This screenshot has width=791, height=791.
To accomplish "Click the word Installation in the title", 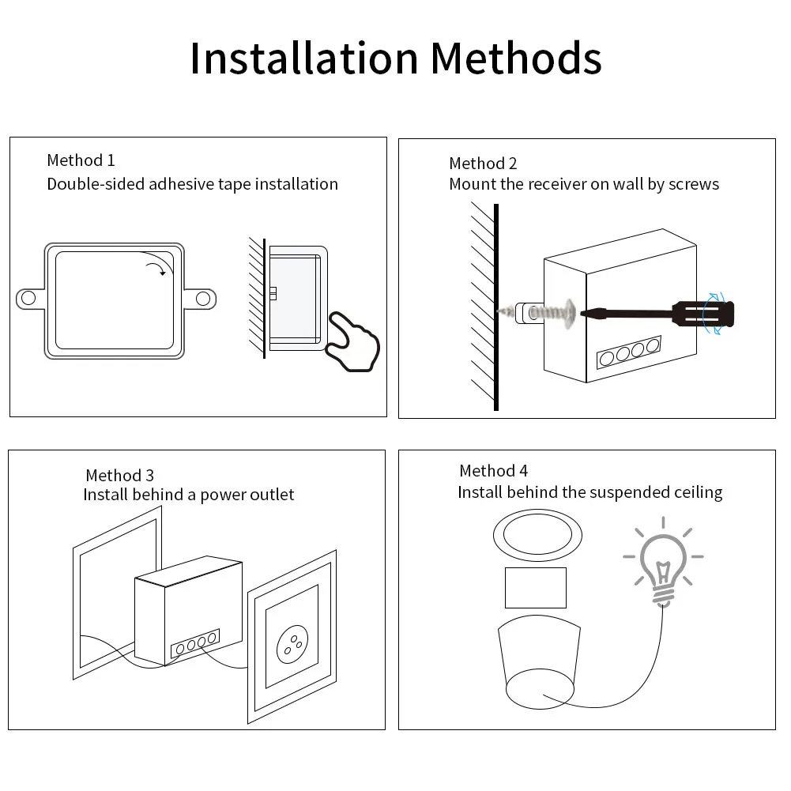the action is pos(304,58).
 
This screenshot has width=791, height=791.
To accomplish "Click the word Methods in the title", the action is pos(515,58).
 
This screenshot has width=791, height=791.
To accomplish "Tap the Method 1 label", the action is pos(81,160).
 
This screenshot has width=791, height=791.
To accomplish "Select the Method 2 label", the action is pos(483,164).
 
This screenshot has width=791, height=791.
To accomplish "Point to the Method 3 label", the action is pos(119,475).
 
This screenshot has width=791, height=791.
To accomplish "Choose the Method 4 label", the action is pos(493,471).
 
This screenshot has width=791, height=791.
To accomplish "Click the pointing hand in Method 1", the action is pos(353,339).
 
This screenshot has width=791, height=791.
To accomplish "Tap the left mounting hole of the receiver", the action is pos(28,298).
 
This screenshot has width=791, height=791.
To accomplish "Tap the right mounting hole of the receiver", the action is pos(203,298).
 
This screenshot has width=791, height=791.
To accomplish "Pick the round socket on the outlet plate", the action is pos(292,644).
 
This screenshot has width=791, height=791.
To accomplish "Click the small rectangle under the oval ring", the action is pos(536,588).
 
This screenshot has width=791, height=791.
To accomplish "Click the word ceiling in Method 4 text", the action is pos(699,492).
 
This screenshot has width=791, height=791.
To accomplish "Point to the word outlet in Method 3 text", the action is pos(272,495).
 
